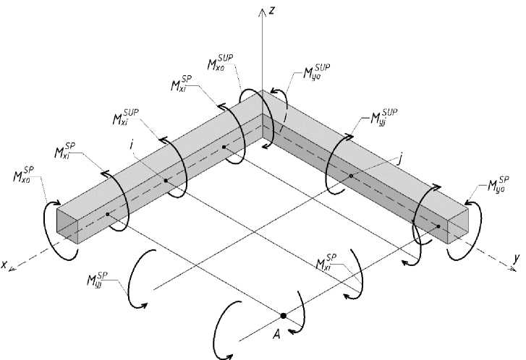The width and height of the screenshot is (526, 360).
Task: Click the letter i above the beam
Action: tap(132, 145)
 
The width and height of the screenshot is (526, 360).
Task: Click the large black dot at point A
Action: tap(283, 316)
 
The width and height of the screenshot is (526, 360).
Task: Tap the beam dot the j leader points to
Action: tap(350, 176)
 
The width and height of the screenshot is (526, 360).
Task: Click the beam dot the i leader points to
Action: tap(166, 181)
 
